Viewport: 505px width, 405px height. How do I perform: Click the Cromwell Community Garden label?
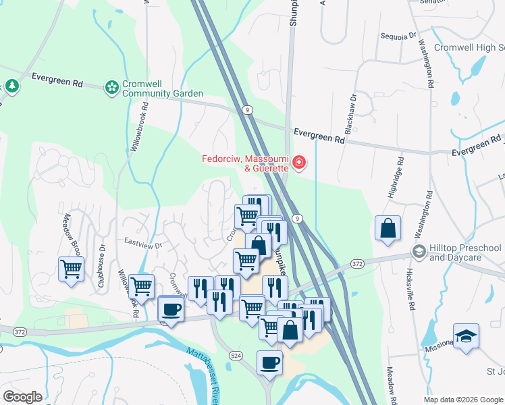[x=162, y=89]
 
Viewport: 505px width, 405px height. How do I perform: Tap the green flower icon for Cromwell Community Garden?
[x=111, y=86]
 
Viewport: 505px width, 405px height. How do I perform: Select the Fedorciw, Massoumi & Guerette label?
[x=245, y=163]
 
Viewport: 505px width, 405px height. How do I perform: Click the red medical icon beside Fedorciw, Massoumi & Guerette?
[x=298, y=163]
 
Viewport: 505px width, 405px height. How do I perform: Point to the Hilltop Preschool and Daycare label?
[x=465, y=253]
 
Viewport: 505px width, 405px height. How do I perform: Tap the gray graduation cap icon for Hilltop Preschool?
[x=419, y=251]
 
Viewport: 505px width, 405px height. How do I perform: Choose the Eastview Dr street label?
[x=143, y=240]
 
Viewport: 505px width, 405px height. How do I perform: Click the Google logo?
[x=22, y=397]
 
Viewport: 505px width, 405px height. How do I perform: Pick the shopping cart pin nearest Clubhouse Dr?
[x=71, y=269]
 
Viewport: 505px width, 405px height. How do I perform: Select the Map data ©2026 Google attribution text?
[x=463, y=399]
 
